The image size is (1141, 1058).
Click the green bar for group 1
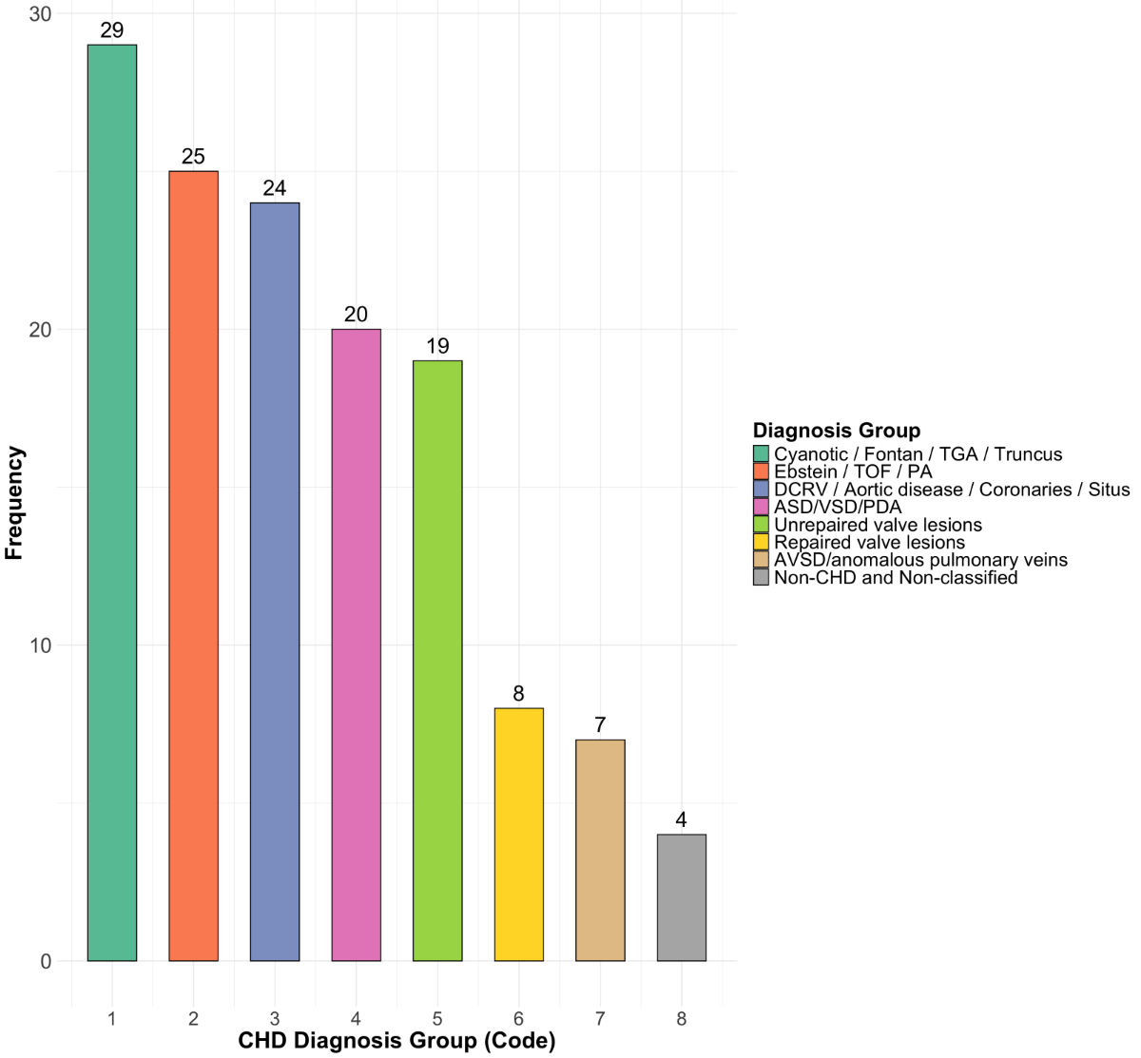[x=112, y=503]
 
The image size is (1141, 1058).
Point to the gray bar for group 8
[x=681, y=897]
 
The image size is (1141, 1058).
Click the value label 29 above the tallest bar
[x=112, y=30]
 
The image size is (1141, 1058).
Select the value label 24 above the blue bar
[x=275, y=188]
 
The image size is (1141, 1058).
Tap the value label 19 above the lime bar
[x=437, y=346]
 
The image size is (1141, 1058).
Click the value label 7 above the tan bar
[x=600, y=725]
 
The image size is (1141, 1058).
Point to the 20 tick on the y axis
[x=39, y=330]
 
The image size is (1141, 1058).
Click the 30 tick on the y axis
[x=39, y=14]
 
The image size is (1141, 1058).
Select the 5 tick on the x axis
[x=437, y=1020]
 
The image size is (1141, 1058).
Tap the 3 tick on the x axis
[x=275, y=1020]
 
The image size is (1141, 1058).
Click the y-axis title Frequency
[x=14, y=503]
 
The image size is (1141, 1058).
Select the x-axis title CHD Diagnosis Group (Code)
[x=396, y=1041]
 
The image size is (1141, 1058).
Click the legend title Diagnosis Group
[x=836, y=431]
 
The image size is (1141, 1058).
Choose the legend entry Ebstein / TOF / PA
[x=853, y=471]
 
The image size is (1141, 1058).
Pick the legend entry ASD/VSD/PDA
[x=838, y=507]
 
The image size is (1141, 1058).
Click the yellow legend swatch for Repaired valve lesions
[x=761, y=542]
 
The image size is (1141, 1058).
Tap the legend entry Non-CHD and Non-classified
[x=896, y=577]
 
